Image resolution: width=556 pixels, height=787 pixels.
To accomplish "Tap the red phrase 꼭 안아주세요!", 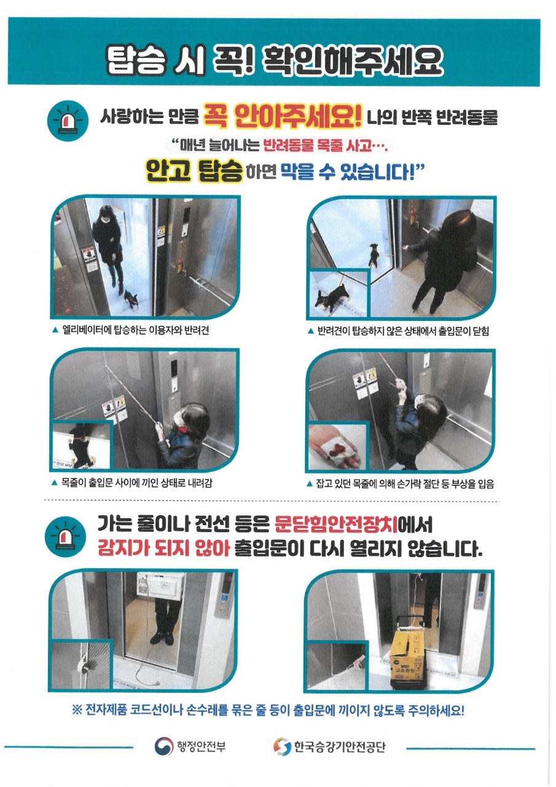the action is click(x=282, y=116).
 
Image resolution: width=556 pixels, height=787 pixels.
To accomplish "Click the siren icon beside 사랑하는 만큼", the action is click(x=68, y=121).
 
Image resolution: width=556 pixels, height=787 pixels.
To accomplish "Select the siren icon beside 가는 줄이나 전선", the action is click(x=65, y=536).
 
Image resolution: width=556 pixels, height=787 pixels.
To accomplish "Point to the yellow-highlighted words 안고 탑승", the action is click(x=194, y=171).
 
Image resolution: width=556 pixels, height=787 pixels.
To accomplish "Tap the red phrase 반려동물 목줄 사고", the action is click(x=317, y=144).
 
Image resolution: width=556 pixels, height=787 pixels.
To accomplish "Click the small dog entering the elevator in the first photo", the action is click(x=131, y=299).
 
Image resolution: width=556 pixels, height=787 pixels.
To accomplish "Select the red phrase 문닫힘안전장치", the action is click(x=336, y=524).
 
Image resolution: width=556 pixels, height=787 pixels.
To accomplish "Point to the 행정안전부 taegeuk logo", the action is click(x=164, y=746).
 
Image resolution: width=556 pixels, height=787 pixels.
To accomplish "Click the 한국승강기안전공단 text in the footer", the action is click(x=339, y=746).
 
